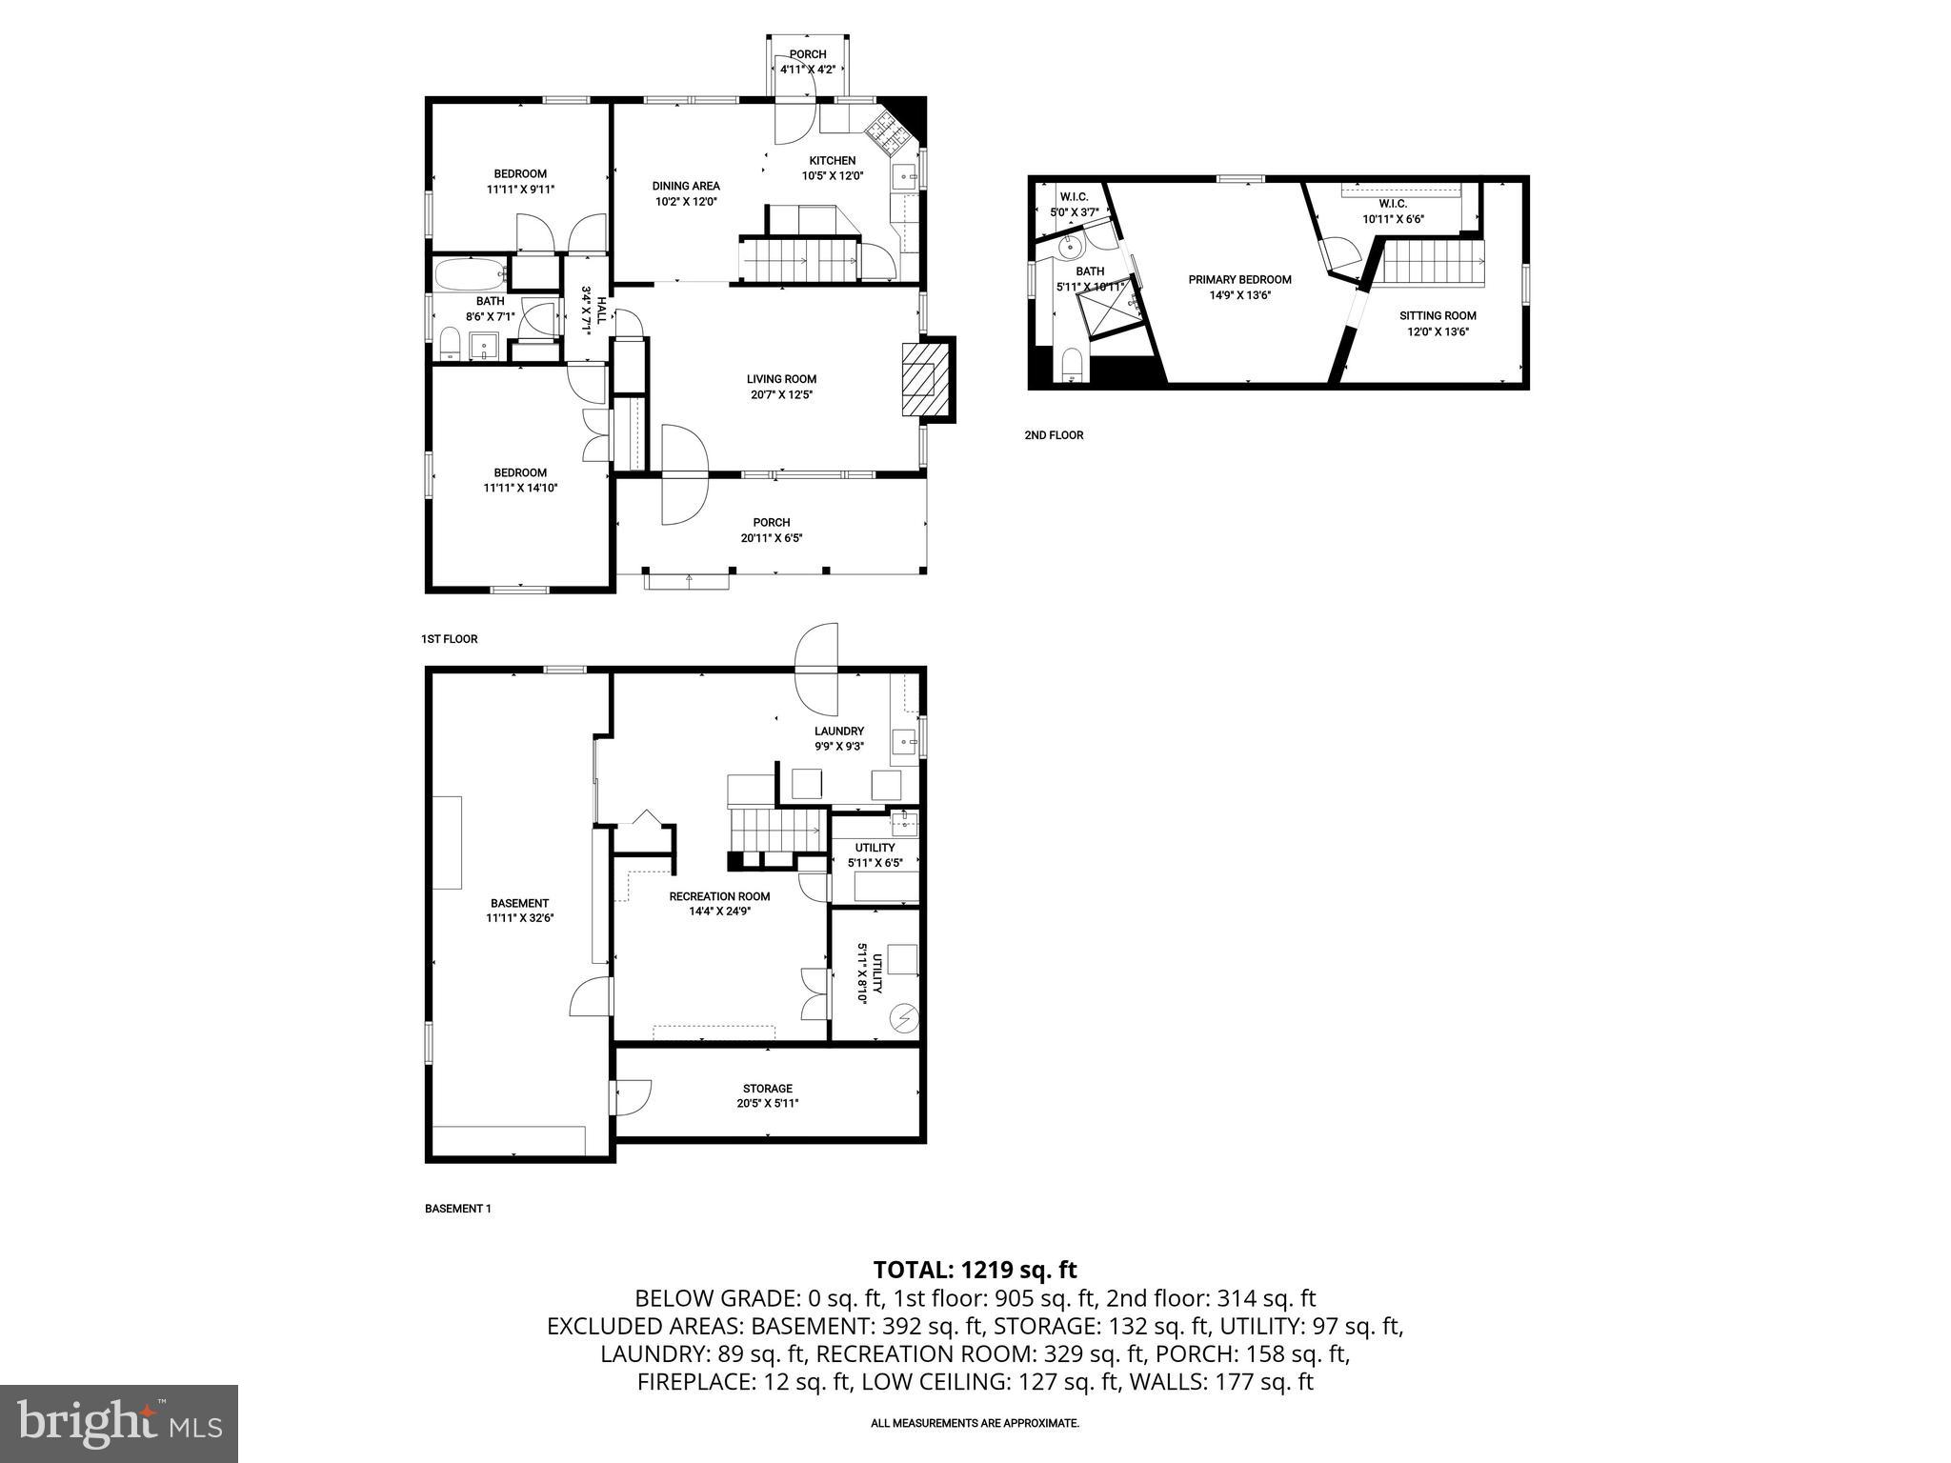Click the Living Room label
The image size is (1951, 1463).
point(781,379)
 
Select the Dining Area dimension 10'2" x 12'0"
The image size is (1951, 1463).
point(686,202)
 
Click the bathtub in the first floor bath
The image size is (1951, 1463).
point(471,274)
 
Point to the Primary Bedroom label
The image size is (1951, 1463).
point(1239,279)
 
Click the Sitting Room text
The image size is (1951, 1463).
point(1438,315)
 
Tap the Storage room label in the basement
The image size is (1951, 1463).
point(768,1088)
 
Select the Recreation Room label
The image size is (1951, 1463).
point(719,895)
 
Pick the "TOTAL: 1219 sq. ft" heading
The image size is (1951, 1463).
point(975,1270)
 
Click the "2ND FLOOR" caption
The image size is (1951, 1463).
point(1054,435)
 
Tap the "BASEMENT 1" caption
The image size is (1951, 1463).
point(457,1209)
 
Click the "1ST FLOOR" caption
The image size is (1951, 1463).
point(449,639)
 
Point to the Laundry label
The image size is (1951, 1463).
point(838,731)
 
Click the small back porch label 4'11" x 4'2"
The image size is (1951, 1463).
point(807,70)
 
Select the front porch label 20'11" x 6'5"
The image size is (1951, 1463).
point(772,537)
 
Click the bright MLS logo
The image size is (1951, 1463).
point(118,1423)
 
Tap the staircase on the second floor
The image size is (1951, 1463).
point(1433,262)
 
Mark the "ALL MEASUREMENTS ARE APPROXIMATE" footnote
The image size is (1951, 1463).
point(975,1423)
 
